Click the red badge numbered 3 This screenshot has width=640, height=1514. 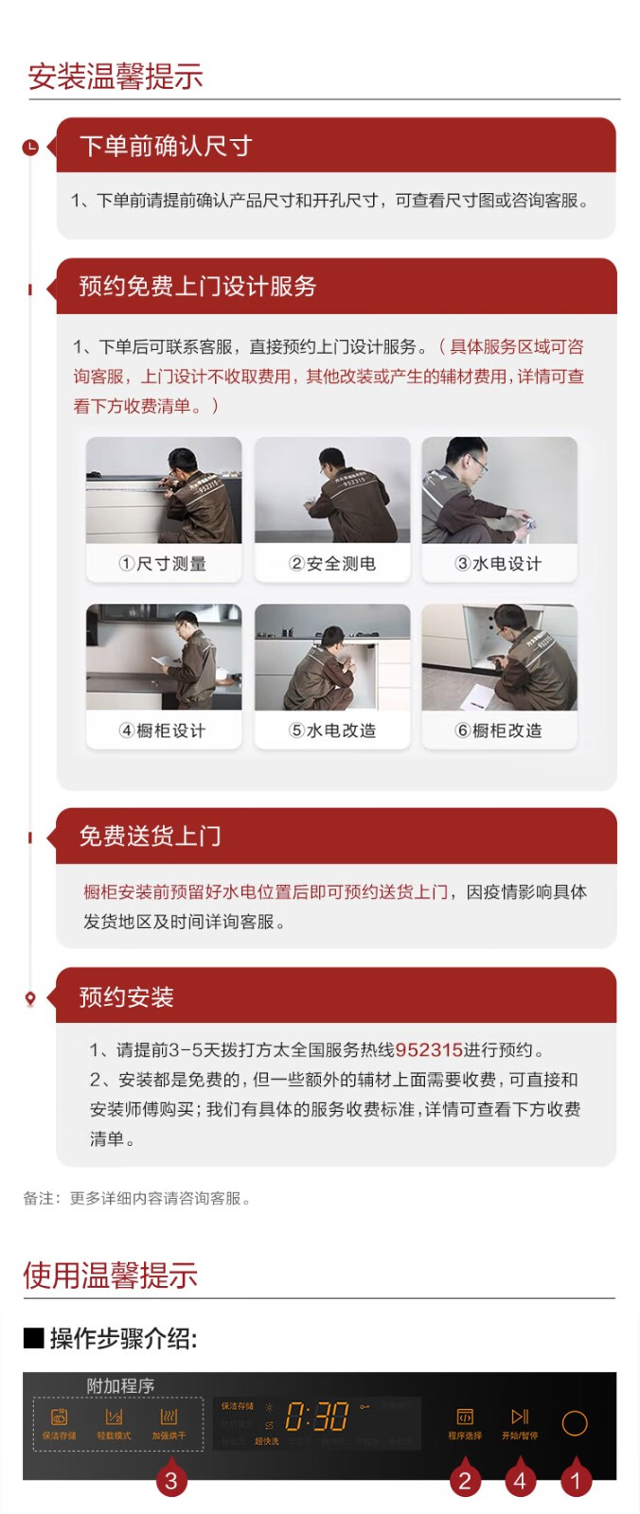pos(170,1481)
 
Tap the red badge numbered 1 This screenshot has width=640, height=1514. pos(575,1481)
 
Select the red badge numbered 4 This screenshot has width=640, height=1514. pos(520,1481)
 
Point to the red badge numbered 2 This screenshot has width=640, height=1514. pos(464,1481)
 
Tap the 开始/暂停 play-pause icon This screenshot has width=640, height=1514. pos(520,1417)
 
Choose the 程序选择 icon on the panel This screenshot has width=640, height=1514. pos(465,1417)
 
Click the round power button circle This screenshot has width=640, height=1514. pos(575,1423)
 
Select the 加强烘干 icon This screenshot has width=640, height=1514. pos(169,1417)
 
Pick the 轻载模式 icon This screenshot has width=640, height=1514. pos(114,1417)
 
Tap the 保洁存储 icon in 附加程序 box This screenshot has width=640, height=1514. pos(59,1417)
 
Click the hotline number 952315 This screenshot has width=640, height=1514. pos(429,1049)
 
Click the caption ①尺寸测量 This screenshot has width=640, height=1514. pos(163,564)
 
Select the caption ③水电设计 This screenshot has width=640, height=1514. pos(499,564)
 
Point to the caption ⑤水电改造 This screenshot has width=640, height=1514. pos(332,731)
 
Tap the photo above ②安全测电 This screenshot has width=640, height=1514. pos(332,490)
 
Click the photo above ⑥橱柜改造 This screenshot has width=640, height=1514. pos(499,658)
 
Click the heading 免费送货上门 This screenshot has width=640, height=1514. pos(150,836)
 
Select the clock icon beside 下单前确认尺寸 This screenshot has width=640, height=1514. pos(30,147)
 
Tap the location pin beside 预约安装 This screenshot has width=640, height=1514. pos(30,998)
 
